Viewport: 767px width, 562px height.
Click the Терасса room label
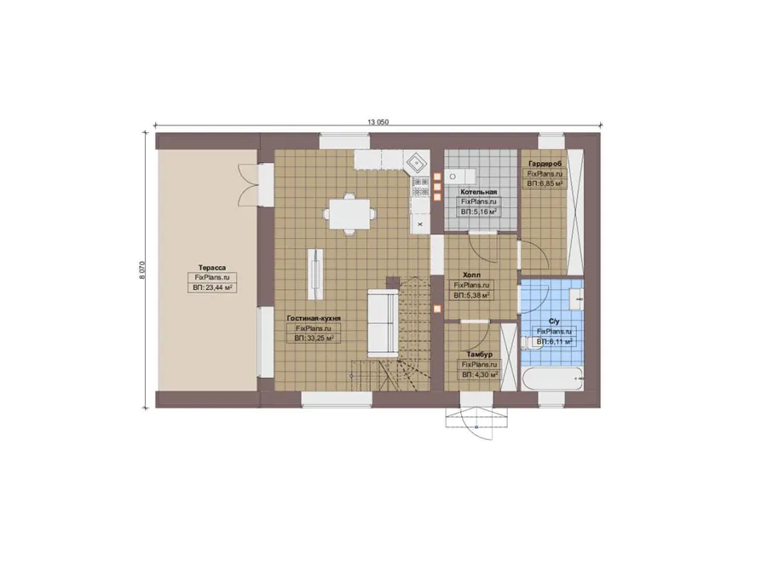tap(212, 268)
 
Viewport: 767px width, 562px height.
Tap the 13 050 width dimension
tap(378, 122)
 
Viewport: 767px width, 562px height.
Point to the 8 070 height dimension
tap(142, 269)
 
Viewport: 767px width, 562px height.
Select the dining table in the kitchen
tap(349, 214)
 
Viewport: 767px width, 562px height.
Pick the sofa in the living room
tap(383, 323)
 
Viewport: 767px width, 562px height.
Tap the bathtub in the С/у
tap(552, 379)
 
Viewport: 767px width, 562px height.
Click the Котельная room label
tap(478, 192)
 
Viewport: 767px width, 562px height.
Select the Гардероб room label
tap(545, 164)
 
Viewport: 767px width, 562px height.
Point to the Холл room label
tap(471, 275)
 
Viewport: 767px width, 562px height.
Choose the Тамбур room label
tap(479, 354)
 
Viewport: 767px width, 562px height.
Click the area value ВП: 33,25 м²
tap(314, 338)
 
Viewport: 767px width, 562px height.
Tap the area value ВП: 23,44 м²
tap(212, 288)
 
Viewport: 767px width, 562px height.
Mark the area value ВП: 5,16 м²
tap(479, 212)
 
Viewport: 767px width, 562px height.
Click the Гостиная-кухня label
tap(314, 318)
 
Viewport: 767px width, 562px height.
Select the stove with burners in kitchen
tap(420, 187)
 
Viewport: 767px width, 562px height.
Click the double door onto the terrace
tap(249, 187)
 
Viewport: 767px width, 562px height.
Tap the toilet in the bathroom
tap(528, 342)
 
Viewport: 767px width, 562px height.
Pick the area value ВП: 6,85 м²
tap(545, 184)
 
